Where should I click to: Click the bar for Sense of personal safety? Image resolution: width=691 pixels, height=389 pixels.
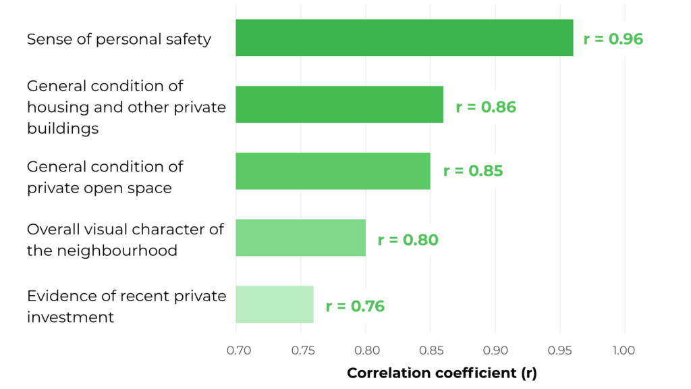(x=404, y=38)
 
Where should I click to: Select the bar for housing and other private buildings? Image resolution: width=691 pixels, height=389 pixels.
(x=339, y=104)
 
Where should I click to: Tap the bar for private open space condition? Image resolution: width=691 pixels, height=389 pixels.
(x=333, y=171)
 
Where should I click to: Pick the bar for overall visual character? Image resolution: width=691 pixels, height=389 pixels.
(x=300, y=238)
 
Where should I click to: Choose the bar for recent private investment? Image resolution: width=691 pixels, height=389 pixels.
(x=275, y=305)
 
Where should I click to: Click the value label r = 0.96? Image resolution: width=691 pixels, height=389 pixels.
(x=613, y=39)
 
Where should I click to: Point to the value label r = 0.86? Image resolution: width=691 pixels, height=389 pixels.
(x=486, y=107)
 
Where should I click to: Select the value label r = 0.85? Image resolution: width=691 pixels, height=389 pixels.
(x=473, y=171)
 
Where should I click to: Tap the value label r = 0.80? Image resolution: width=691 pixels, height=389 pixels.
(x=408, y=240)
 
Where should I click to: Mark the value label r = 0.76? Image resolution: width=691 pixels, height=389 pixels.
(x=355, y=307)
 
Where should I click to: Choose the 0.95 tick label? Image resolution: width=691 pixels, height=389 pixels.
(x=560, y=351)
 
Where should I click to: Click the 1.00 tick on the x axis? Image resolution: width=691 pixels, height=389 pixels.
(x=624, y=351)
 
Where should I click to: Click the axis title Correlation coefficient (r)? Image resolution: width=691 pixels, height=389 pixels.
(x=441, y=373)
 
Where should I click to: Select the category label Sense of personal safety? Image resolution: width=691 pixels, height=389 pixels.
(x=119, y=39)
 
